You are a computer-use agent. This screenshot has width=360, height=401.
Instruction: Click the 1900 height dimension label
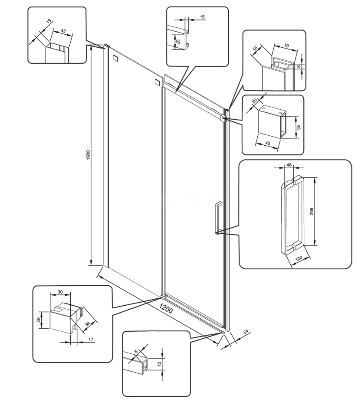[x=88, y=155]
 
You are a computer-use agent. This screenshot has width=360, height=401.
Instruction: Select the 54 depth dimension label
[x=246, y=332]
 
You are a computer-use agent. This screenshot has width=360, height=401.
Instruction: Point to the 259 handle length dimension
[x=311, y=211]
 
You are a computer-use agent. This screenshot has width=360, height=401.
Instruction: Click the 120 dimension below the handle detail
[x=299, y=258]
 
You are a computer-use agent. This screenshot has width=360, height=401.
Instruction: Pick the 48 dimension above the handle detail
[x=289, y=165]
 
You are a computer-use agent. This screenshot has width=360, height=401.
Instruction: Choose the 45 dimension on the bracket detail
[x=298, y=127]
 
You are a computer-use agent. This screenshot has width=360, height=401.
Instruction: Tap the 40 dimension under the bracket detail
[x=267, y=143]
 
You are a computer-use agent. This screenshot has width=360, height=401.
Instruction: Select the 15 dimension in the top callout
[x=202, y=17]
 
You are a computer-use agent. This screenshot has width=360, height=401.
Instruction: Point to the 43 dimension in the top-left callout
[x=63, y=31]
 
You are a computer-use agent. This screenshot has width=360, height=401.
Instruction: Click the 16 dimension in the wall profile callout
[x=255, y=49]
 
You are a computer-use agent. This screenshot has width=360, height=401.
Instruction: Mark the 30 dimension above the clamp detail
[x=60, y=292]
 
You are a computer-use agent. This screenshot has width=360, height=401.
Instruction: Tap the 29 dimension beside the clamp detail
[x=39, y=320]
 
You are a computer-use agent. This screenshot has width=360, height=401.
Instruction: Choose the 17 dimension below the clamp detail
[x=91, y=339]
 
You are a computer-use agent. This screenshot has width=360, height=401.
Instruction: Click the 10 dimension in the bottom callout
[x=159, y=364]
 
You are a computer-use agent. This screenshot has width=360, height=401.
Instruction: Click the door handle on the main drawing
[x=218, y=218]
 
